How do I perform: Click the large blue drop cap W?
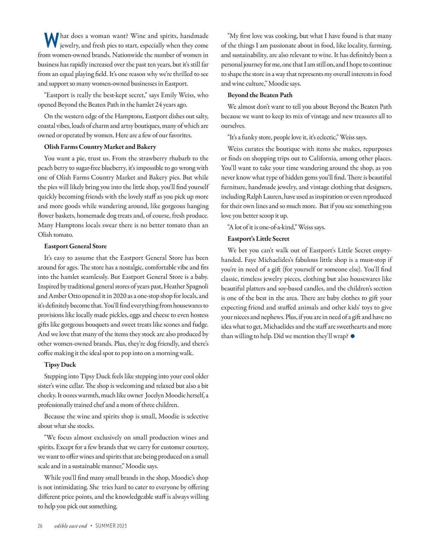click(x=51, y=40)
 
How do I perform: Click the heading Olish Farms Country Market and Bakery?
click(x=100, y=147)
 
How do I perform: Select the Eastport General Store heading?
click(x=75, y=246)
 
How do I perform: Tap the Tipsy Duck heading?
click(x=60, y=365)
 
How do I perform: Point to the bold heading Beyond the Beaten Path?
click(x=260, y=95)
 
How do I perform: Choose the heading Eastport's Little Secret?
click(x=258, y=239)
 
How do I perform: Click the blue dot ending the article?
click(x=353, y=336)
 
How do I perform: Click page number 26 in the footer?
click(x=40, y=526)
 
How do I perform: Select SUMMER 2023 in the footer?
click(x=111, y=526)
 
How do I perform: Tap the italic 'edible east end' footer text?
click(x=71, y=526)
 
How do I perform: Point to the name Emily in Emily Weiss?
click(x=168, y=95)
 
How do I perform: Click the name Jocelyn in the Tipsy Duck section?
click(x=154, y=395)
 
